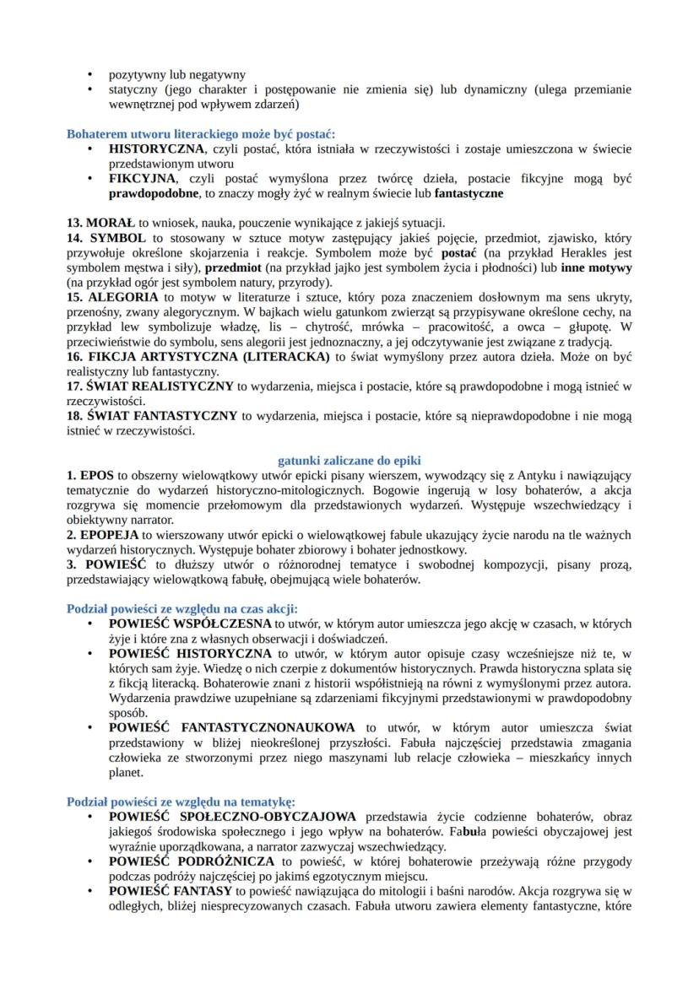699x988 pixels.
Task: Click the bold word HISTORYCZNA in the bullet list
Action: pos(156,148)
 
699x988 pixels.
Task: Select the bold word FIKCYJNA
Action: pos(143,179)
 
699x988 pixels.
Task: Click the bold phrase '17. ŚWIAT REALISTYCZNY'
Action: pos(150,386)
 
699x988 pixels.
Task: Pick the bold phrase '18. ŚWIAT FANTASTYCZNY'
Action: pos(153,415)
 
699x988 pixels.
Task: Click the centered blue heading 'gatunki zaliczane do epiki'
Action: pos(349,460)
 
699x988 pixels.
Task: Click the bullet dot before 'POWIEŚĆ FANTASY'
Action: pos(91,890)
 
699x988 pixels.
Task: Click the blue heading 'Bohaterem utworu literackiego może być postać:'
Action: pos(201,133)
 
